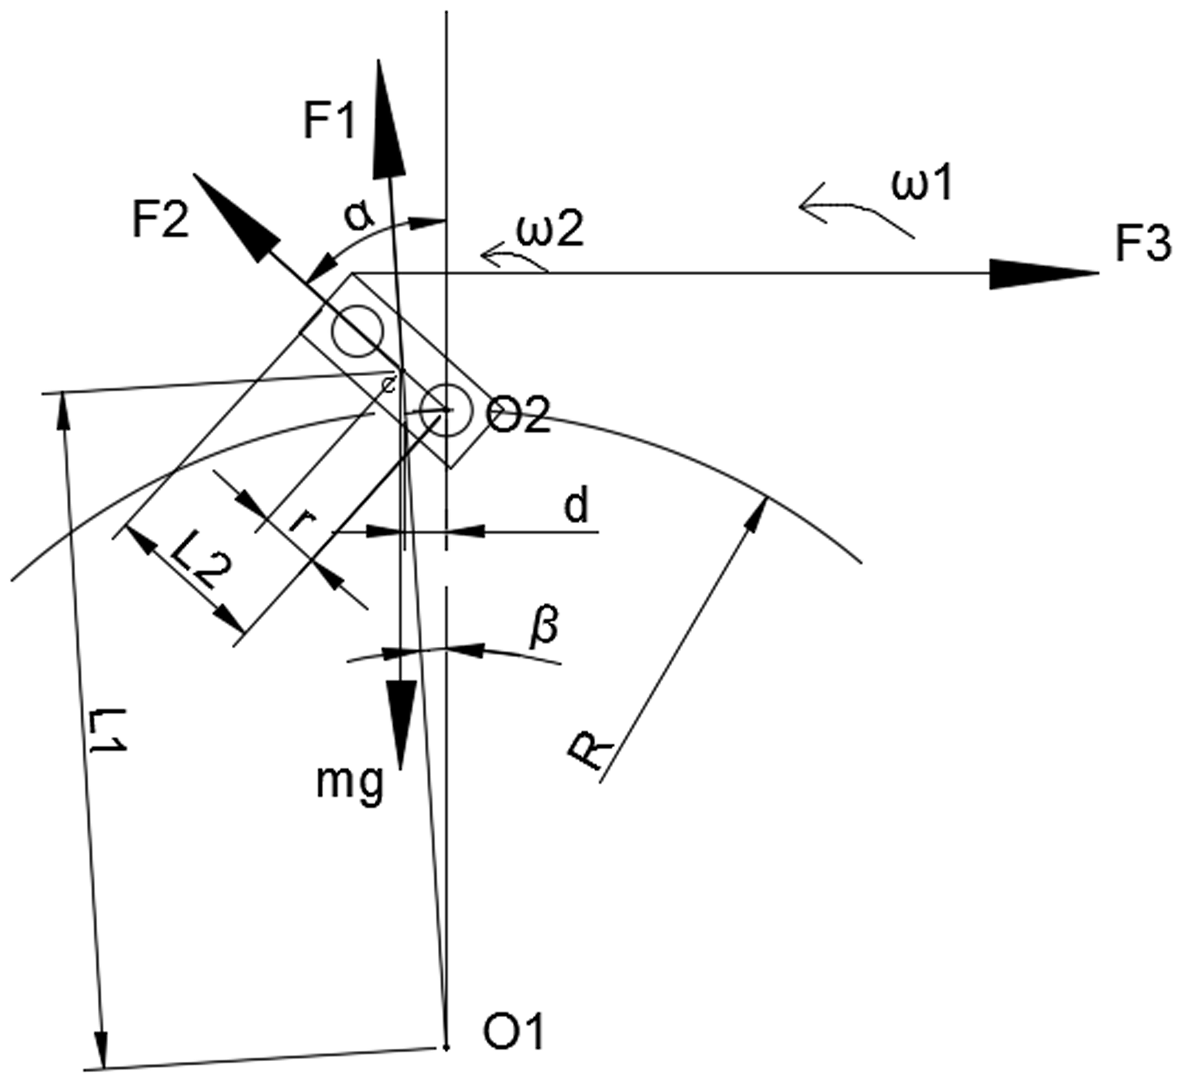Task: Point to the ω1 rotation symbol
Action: (x=922, y=183)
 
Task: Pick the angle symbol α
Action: (x=358, y=216)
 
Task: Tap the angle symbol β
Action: (x=544, y=629)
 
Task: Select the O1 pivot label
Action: (x=514, y=1031)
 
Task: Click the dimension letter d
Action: (x=576, y=506)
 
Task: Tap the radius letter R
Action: (x=590, y=750)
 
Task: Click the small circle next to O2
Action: (x=446, y=410)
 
